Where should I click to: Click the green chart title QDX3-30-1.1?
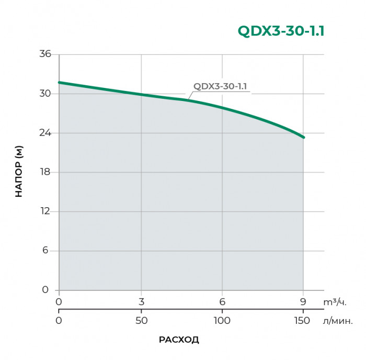(281, 31)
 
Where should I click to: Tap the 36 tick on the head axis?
(45, 54)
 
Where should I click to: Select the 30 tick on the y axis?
(45, 94)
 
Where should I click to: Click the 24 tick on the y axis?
(45, 133)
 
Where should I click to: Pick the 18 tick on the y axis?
(45, 172)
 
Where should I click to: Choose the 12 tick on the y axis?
(45, 211)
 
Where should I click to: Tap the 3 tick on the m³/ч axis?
(141, 301)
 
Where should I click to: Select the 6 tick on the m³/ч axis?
(222, 301)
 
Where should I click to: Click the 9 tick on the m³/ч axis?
(303, 301)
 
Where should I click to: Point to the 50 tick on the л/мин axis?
(141, 320)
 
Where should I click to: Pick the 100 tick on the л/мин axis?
(222, 320)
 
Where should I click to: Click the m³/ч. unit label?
(335, 302)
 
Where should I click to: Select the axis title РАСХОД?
(179, 340)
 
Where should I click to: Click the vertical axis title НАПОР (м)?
(19, 172)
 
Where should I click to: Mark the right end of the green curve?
(303, 137)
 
